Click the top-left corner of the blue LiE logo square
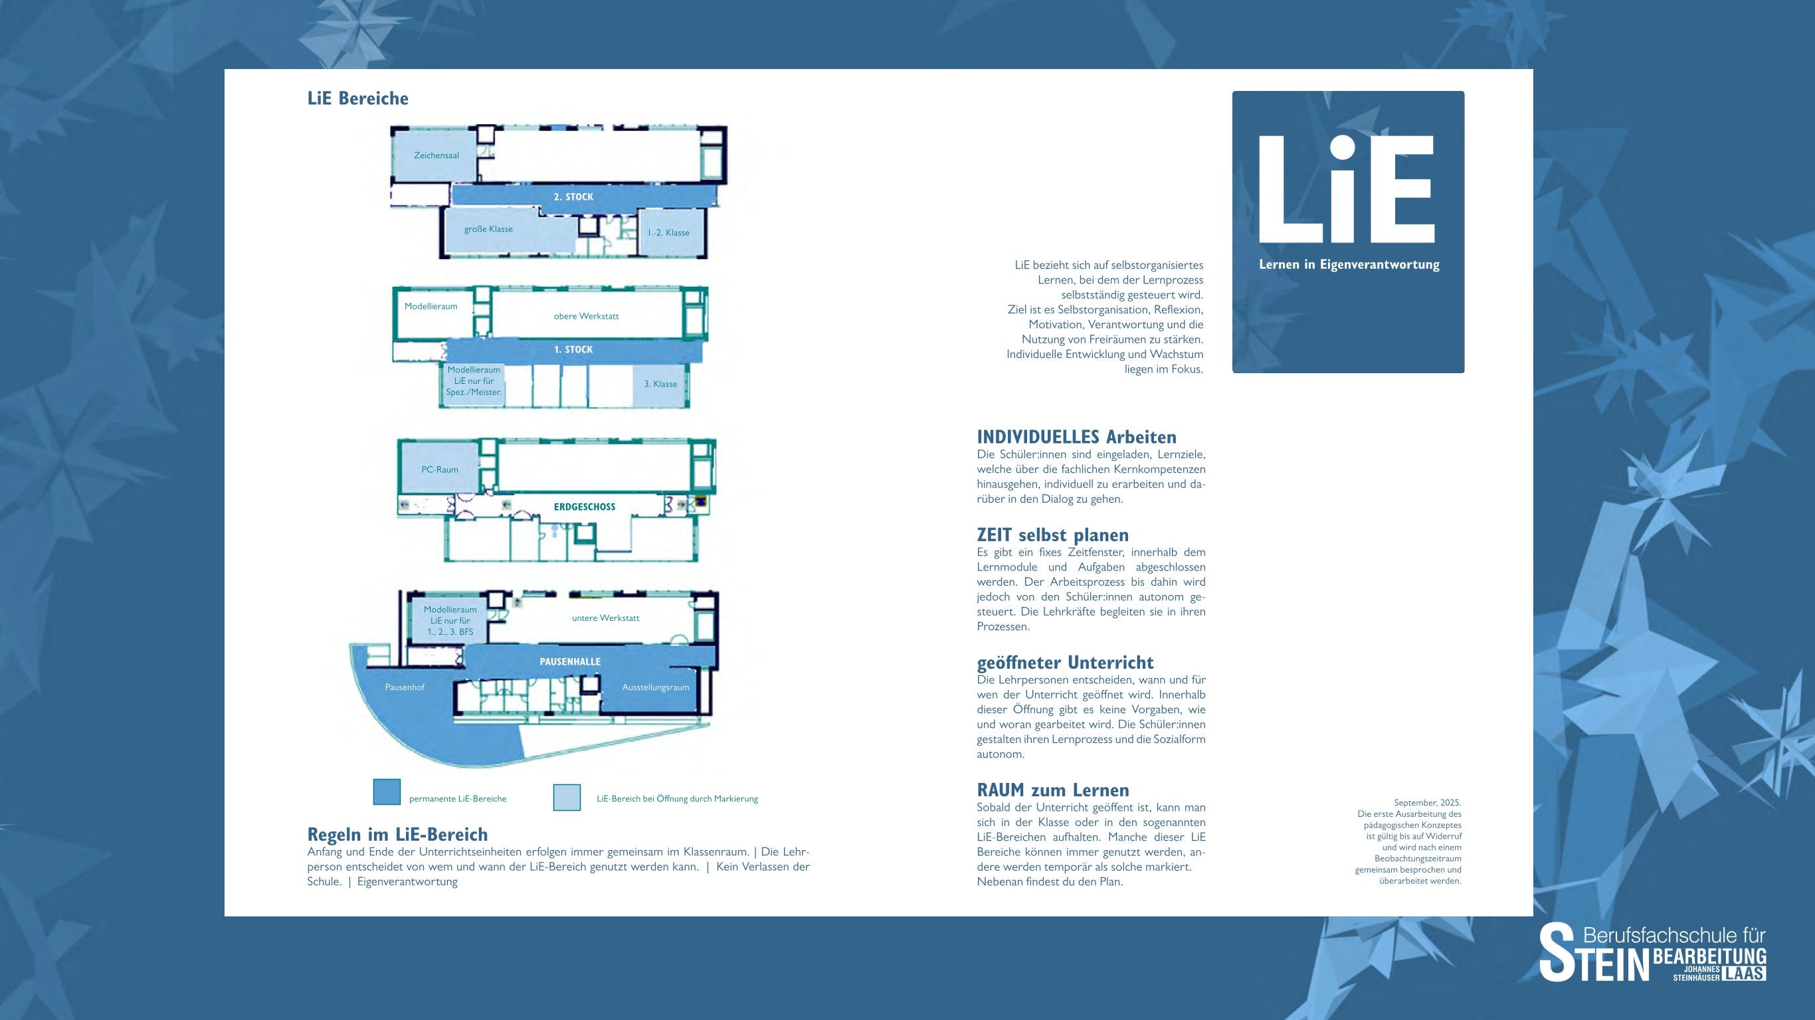pyautogui.click(x=1232, y=91)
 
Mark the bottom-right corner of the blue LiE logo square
pyautogui.click(x=1465, y=373)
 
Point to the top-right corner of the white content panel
pyautogui.click(x=1533, y=69)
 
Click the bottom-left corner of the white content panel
pyautogui.click(x=225, y=916)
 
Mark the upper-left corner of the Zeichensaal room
pyautogui.click(x=393, y=129)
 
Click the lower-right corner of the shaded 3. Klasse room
pyautogui.click(x=684, y=406)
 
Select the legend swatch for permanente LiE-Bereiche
pyautogui.click(x=387, y=792)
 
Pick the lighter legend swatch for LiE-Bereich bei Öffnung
pyautogui.click(x=567, y=798)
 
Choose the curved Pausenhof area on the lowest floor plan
pyautogui.click(x=416, y=711)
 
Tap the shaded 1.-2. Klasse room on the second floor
pyautogui.click(x=671, y=232)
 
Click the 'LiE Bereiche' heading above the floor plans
pyautogui.click(x=358, y=98)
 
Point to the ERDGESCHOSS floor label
pyautogui.click(x=584, y=507)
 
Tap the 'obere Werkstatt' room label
pyautogui.click(x=586, y=316)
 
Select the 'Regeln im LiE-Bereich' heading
pyautogui.click(x=397, y=835)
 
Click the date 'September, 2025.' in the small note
pyautogui.click(x=1428, y=803)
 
